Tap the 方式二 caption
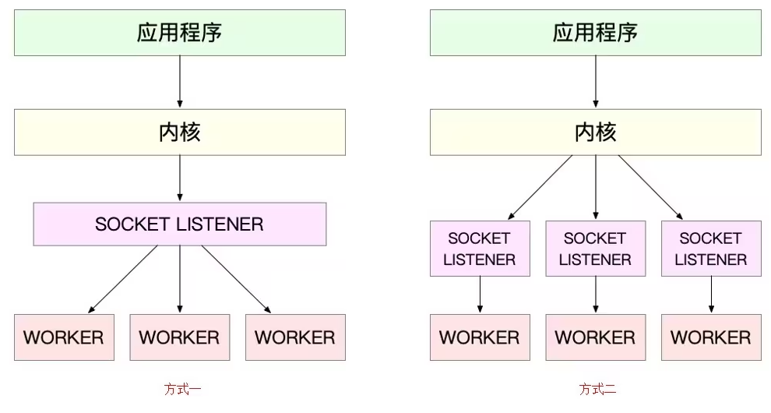pos(597,389)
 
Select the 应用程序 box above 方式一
pos(179,32)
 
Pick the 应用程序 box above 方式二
pos(595,32)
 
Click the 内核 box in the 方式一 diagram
pos(179,132)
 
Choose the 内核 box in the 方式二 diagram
pos(595,132)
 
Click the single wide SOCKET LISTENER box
pos(179,224)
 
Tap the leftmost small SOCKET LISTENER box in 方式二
pos(480,249)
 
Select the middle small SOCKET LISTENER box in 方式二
pos(595,249)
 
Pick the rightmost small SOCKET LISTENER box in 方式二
pos(711,249)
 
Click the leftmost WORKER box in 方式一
pos(64,337)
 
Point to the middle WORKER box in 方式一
pos(179,337)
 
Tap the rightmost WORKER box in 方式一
pos(295,337)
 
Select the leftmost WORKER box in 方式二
pos(480,337)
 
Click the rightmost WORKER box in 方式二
pos(711,337)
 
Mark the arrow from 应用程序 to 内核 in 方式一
pos(179,82)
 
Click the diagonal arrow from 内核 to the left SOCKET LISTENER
pos(540,187)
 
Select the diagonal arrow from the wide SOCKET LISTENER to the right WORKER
pos(237,280)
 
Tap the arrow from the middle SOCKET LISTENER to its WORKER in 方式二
pos(595,295)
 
